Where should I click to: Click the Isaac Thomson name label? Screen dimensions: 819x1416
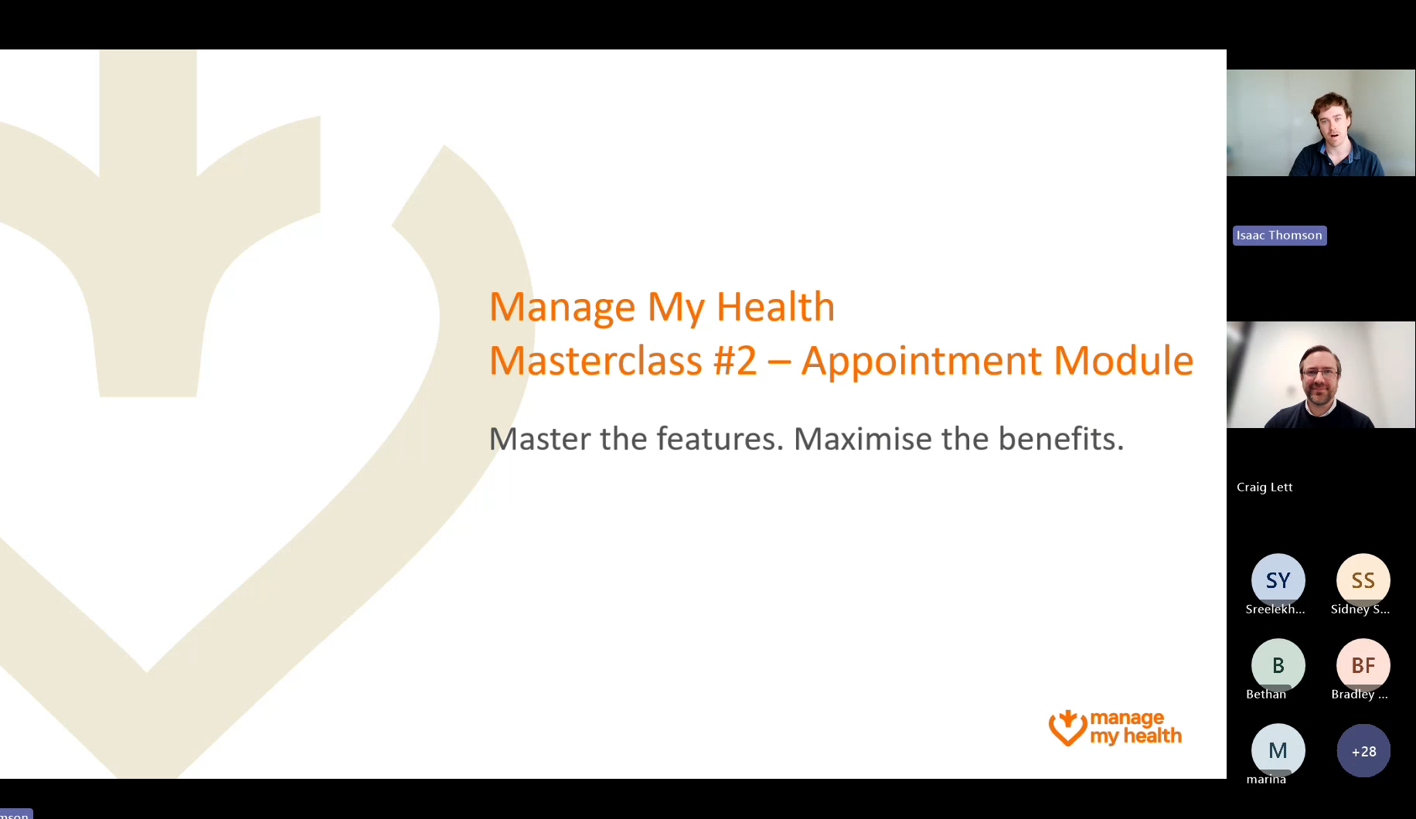(x=1279, y=236)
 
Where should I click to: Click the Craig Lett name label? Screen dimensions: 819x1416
(x=1265, y=487)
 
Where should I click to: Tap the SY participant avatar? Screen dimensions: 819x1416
(x=1278, y=580)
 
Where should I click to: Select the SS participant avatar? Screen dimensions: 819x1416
(x=1363, y=580)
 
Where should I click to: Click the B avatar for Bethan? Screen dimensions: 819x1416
(x=1278, y=665)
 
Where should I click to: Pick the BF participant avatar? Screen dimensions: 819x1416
(x=1363, y=665)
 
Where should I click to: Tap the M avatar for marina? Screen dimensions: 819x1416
(x=1278, y=750)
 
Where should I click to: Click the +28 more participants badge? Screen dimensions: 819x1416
(x=1363, y=751)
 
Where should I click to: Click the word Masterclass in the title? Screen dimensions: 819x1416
(x=595, y=361)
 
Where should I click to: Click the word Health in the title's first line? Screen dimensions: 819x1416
(x=775, y=307)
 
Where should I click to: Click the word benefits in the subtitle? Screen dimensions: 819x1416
(x=1060, y=439)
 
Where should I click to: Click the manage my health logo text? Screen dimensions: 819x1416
(x=1135, y=728)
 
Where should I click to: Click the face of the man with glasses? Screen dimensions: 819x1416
(x=1319, y=379)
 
